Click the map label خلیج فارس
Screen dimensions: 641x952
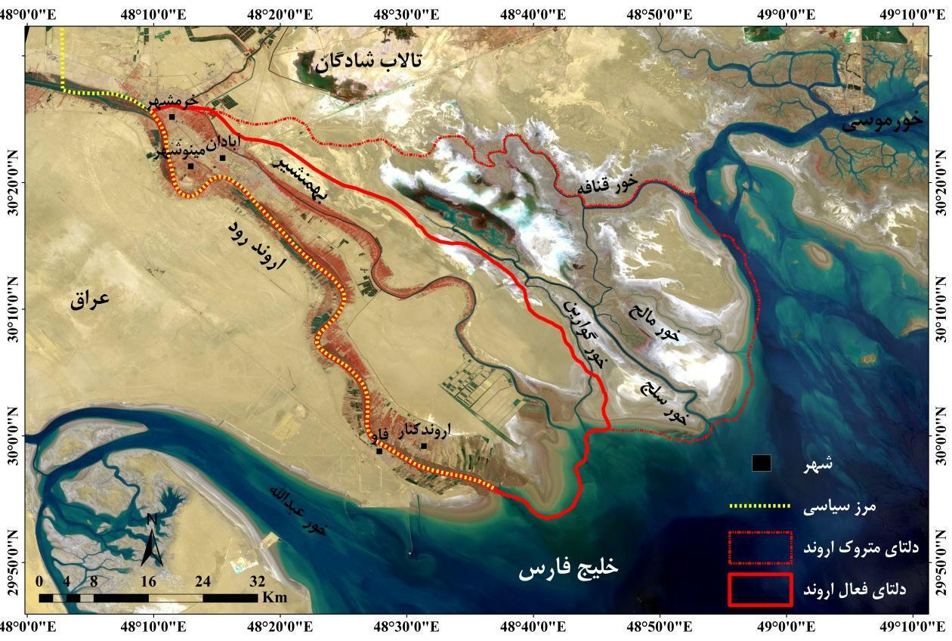pos(567,568)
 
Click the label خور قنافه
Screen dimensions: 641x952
pos(608,182)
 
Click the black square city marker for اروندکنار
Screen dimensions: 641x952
pos(424,446)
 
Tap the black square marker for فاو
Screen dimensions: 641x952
pos(379,451)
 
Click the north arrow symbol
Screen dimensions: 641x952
pos(152,539)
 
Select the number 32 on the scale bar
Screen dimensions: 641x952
pos(258,581)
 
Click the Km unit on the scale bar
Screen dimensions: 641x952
pos(275,597)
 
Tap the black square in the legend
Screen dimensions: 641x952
pos(761,463)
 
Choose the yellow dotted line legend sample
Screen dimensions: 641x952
pos(759,506)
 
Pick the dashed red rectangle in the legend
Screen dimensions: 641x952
pos(760,547)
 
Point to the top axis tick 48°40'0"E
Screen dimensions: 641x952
pos(534,13)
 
